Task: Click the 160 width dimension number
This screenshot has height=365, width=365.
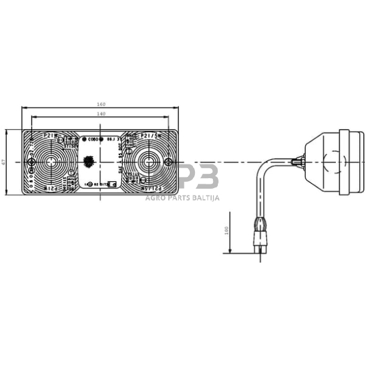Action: pos(101,105)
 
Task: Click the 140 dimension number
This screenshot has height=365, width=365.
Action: pos(101,114)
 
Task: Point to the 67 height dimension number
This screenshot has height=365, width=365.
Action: pos(4,163)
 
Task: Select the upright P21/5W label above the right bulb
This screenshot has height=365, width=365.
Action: pos(151,135)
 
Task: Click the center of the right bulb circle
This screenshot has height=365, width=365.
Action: pos(149,163)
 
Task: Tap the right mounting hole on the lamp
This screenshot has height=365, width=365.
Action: pos(169,163)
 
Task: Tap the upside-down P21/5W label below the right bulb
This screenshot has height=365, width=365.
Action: pos(151,187)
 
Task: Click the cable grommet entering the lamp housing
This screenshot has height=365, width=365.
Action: pos(299,163)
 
